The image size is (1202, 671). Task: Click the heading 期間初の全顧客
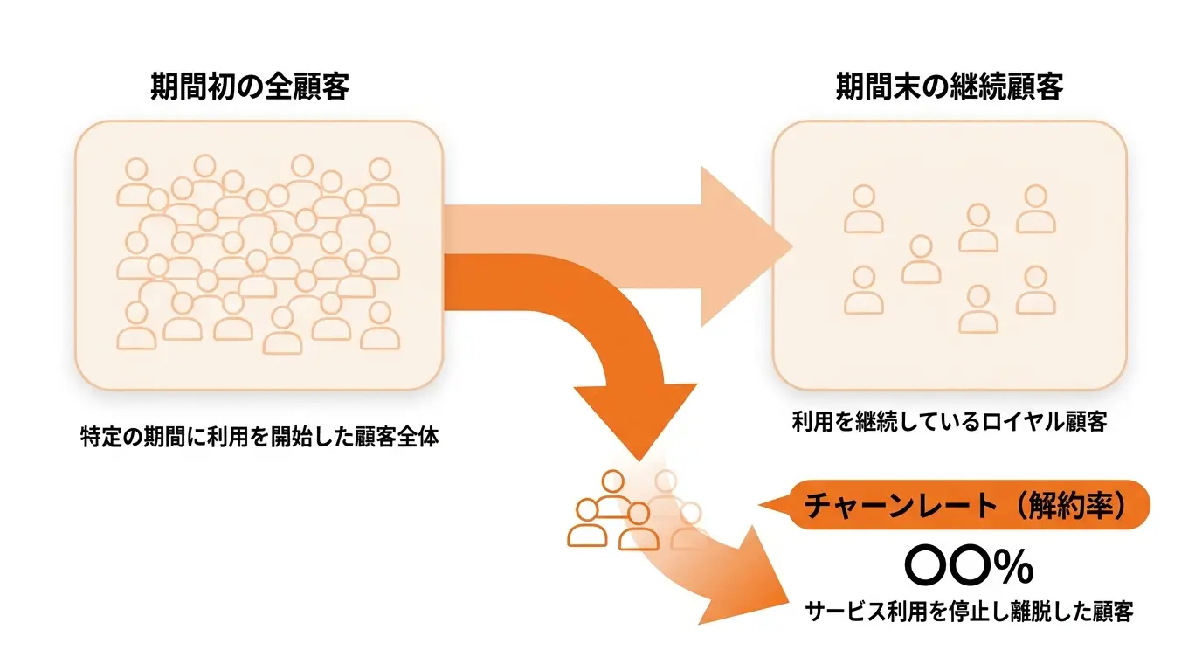point(250,86)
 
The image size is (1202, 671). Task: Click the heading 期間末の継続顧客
point(950,86)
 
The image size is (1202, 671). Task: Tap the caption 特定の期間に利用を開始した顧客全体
point(259,437)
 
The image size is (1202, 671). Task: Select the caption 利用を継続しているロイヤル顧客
point(950,422)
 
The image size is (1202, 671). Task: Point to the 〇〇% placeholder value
point(969,566)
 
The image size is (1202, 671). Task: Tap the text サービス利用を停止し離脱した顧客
point(969,612)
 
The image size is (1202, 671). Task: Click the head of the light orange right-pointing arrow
point(747,246)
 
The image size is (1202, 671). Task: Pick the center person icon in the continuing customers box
point(922,259)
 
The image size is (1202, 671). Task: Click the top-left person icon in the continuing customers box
point(863,209)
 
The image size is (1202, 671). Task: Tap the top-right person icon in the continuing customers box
point(1036,209)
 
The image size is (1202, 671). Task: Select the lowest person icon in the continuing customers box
point(978,309)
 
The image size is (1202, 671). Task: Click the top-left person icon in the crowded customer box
point(136,182)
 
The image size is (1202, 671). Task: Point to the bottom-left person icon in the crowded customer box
point(136,326)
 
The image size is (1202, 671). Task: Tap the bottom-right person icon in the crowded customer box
point(380,326)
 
